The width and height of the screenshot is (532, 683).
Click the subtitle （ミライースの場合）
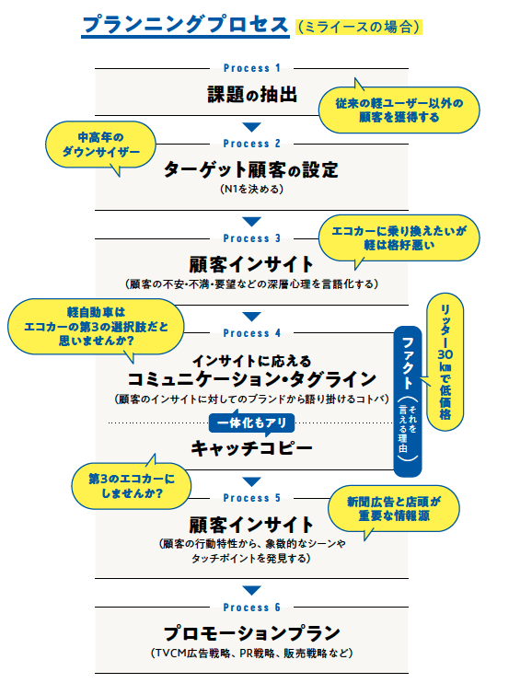point(360,28)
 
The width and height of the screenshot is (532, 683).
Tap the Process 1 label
point(252,68)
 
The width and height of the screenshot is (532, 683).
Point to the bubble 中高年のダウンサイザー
point(100,142)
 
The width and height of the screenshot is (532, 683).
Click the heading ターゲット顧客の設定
point(251,170)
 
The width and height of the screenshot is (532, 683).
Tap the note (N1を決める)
point(251,190)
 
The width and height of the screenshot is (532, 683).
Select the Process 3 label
point(252,238)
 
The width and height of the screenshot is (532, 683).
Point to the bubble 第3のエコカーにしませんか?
point(127,485)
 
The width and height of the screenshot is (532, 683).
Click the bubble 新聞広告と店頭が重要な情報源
point(395,509)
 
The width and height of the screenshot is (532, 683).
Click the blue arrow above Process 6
point(251,590)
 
